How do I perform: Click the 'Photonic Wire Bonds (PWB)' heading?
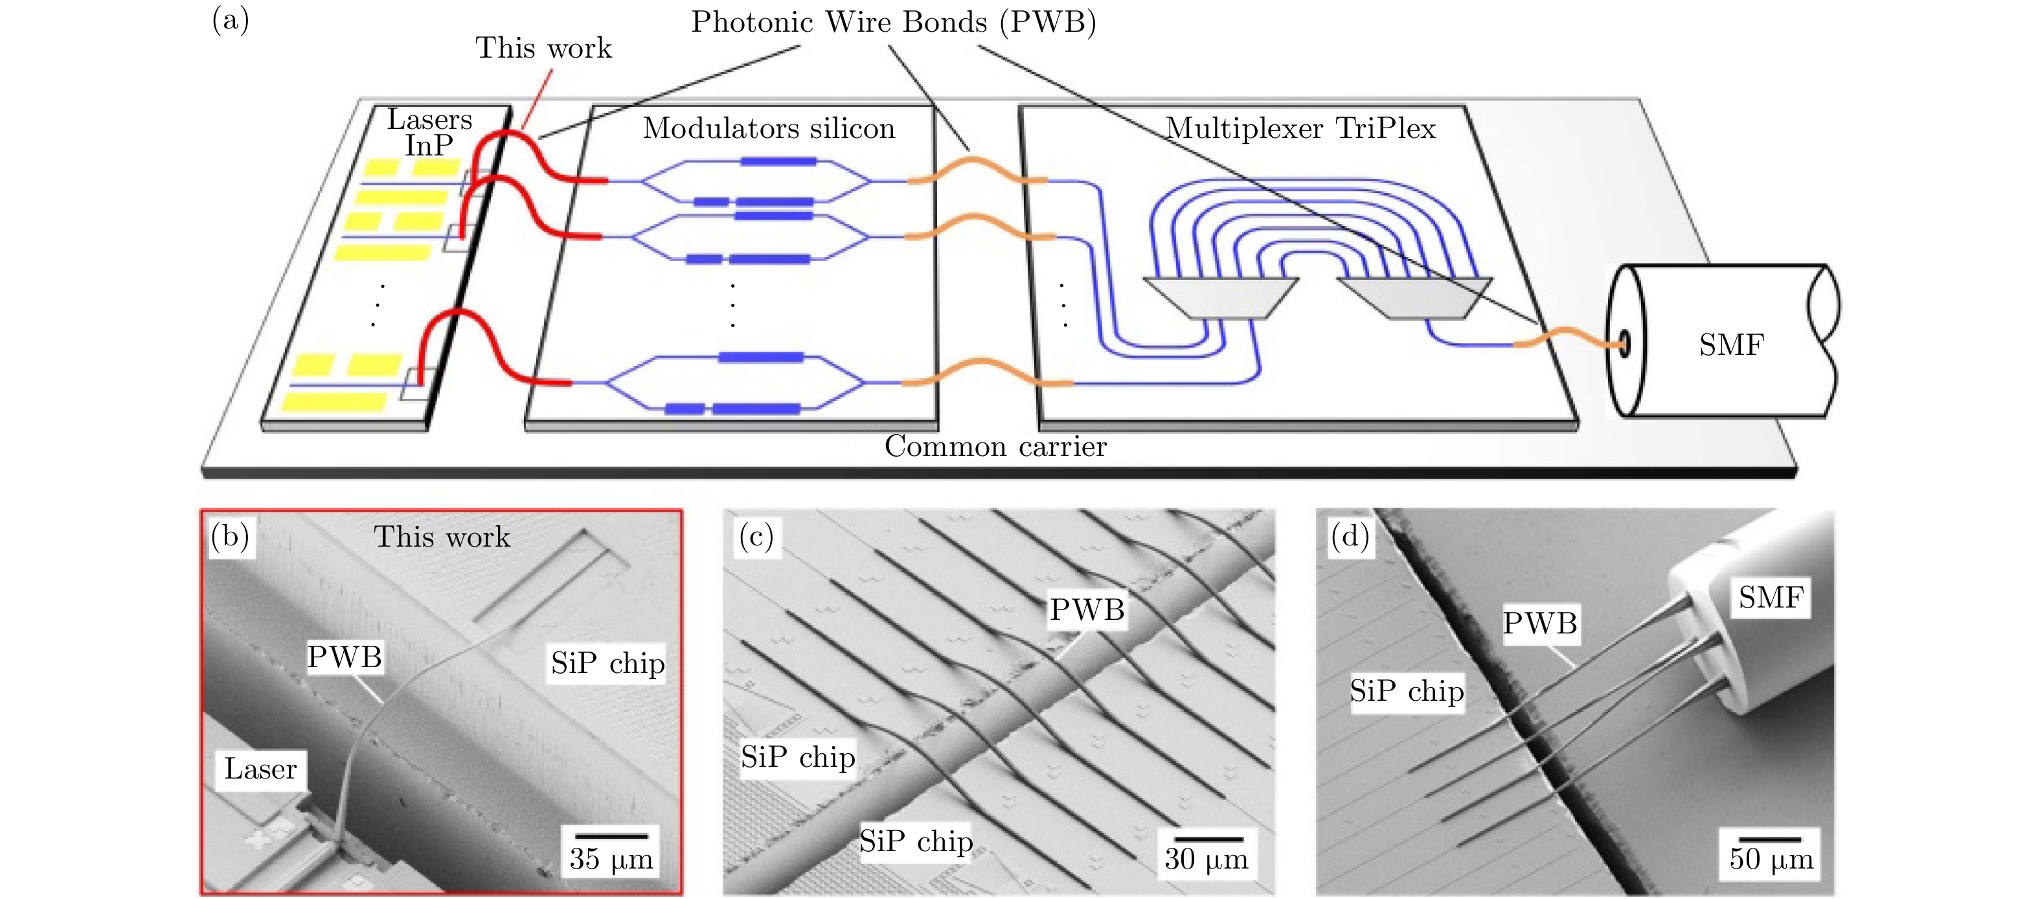tap(893, 22)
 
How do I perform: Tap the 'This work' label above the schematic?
tap(543, 49)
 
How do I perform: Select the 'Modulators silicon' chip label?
tap(768, 128)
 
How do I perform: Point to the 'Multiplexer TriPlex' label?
tap(1300, 128)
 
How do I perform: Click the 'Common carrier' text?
tap(995, 447)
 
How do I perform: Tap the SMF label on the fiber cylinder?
tap(1731, 345)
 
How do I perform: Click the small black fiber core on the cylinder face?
tap(1624, 344)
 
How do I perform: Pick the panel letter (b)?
tap(231, 537)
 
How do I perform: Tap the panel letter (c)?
tap(756, 537)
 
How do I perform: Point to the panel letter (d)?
tap(1350, 537)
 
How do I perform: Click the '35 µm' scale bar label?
tap(611, 859)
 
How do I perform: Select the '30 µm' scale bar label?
tap(1205, 859)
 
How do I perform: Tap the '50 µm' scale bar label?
tap(1771, 859)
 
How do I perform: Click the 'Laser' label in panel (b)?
tap(260, 769)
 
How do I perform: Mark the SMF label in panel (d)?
tap(1771, 597)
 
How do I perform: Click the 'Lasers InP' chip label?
tap(429, 132)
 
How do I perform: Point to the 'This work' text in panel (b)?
tap(442, 537)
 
